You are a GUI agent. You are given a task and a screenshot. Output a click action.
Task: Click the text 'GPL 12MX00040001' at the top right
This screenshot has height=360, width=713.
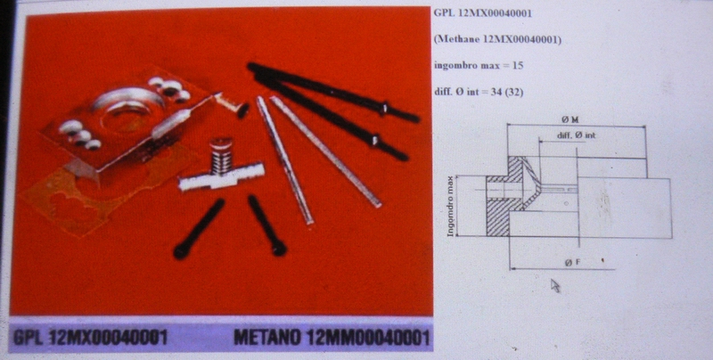pyautogui.click(x=483, y=13)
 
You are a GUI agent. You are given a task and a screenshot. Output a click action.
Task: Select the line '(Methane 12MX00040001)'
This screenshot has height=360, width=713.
pyautogui.click(x=498, y=39)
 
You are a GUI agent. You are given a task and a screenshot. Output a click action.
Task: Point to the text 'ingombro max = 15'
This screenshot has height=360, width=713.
pyautogui.click(x=479, y=65)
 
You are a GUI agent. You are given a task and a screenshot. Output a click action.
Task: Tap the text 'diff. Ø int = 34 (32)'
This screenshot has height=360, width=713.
pyautogui.click(x=479, y=92)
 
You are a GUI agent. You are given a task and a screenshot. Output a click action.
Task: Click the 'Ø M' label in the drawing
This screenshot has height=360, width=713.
pyautogui.click(x=573, y=120)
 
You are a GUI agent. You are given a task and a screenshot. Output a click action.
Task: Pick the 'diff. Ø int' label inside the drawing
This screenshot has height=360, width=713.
pyautogui.click(x=576, y=135)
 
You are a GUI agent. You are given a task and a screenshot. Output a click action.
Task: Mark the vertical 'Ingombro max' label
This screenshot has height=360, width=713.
pyautogui.click(x=451, y=206)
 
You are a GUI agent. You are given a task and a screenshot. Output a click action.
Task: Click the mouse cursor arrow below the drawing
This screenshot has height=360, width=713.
pyautogui.click(x=555, y=285)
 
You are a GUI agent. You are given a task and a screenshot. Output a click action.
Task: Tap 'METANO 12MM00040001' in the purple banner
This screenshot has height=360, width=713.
pyautogui.click(x=332, y=337)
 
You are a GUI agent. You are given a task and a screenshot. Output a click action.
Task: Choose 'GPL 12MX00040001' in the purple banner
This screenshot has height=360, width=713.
pyautogui.click(x=90, y=337)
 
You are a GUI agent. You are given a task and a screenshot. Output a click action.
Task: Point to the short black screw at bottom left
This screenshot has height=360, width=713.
pyautogui.click(x=199, y=229)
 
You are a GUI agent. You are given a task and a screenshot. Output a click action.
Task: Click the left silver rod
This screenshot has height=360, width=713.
pyautogui.click(x=285, y=160)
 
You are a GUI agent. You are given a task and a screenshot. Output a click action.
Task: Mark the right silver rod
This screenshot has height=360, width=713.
pyautogui.click(x=326, y=151)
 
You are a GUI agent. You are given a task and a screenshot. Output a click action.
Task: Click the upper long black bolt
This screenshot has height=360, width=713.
pyautogui.click(x=333, y=93)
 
